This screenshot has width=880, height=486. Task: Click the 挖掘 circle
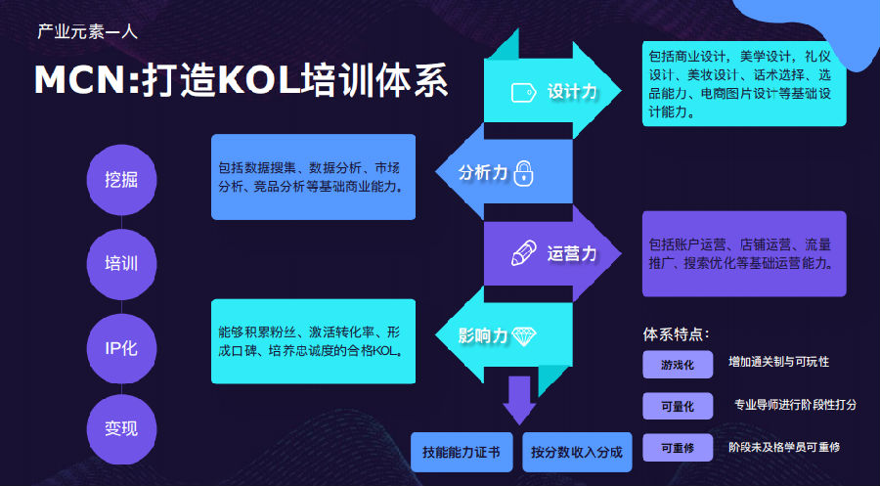click(x=121, y=179)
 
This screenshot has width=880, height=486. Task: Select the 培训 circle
click(x=121, y=263)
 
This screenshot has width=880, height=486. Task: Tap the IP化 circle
click(x=121, y=346)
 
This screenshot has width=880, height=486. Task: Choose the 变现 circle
click(x=121, y=427)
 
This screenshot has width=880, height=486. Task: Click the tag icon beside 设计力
click(x=524, y=92)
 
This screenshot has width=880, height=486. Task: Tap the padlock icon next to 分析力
click(x=524, y=173)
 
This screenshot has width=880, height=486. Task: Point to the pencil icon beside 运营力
click(x=524, y=253)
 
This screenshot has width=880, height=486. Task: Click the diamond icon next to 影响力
click(x=525, y=335)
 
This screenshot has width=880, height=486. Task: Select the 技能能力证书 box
click(x=462, y=453)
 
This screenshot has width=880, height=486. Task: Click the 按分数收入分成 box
click(x=577, y=453)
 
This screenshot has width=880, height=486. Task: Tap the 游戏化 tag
click(x=678, y=364)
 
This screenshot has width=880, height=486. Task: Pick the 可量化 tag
click(x=678, y=405)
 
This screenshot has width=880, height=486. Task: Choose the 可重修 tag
click(x=678, y=447)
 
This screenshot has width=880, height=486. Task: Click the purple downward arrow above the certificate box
click(x=519, y=399)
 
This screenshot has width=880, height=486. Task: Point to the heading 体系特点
click(x=677, y=333)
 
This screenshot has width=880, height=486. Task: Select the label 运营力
click(x=572, y=253)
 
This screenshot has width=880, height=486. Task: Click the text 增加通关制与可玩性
click(x=778, y=362)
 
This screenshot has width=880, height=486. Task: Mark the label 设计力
click(x=572, y=92)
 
